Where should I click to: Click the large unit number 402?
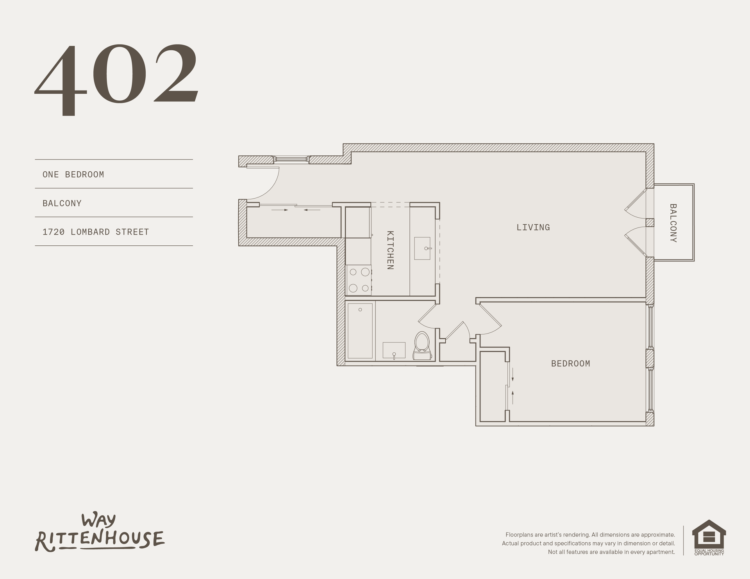click(x=117, y=80)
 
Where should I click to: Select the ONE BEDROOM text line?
click(x=73, y=174)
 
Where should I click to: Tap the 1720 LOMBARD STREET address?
click(x=96, y=232)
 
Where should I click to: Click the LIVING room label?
click(x=533, y=227)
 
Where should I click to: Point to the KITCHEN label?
click(x=390, y=250)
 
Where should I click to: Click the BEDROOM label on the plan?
click(x=571, y=364)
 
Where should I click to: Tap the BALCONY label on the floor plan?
click(x=673, y=223)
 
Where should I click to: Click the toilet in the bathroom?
click(x=422, y=345)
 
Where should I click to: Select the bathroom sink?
click(x=394, y=350)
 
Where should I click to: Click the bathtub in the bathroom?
click(x=360, y=330)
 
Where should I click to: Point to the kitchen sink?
click(x=422, y=248)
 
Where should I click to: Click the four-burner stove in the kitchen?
click(x=359, y=280)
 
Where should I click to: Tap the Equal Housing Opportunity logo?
click(x=709, y=538)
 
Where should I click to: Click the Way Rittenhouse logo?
click(x=100, y=533)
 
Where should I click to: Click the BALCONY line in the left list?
click(x=62, y=203)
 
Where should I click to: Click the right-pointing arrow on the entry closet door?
click(x=280, y=210)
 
